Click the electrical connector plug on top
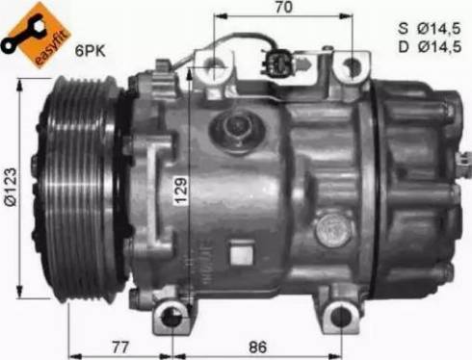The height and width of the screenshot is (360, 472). tap(278, 66)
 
